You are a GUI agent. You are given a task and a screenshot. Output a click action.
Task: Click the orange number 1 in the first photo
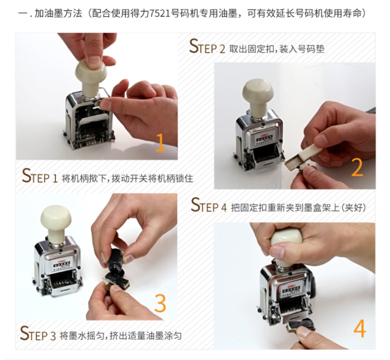click(x=161, y=143)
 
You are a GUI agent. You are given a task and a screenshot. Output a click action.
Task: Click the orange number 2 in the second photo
click(x=357, y=167)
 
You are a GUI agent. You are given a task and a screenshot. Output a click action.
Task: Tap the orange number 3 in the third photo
click(x=160, y=303)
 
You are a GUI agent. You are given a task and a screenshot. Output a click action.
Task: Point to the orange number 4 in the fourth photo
click(x=360, y=328)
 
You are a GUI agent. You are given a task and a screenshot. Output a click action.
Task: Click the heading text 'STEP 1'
click(x=40, y=176)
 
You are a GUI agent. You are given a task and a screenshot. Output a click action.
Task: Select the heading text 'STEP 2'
click(x=207, y=46)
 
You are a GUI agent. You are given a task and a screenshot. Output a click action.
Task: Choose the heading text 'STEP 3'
click(x=38, y=333)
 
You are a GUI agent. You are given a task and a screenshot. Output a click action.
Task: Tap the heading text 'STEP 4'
click(x=209, y=205)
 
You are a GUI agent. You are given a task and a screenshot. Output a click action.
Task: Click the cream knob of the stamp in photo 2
click(x=258, y=96)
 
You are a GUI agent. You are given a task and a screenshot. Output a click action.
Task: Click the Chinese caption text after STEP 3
click(x=120, y=336)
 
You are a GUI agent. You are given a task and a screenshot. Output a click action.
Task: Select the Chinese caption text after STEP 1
click(x=128, y=179)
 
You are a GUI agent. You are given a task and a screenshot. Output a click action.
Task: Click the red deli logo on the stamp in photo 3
click(x=61, y=261)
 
